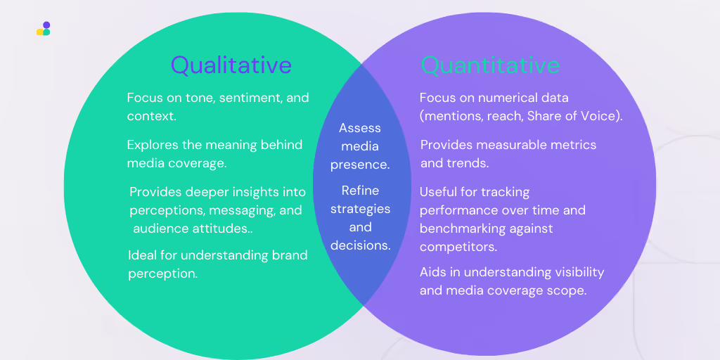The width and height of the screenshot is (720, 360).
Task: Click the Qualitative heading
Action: (x=231, y=65)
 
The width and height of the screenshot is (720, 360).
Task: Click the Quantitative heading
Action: (x=490, y=65)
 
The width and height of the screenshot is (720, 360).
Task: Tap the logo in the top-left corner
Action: (x=44, y=29)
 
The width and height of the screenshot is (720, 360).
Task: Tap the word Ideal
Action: (x=142, y=255)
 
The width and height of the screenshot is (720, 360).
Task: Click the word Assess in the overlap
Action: (x=360, y=128)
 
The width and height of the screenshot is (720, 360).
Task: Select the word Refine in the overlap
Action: (x=360, y=191)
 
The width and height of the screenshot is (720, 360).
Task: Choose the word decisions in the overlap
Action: (x=361, y=245)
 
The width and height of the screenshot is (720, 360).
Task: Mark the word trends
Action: (x=468, y=163)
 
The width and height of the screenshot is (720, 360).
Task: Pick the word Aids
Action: (x=433, y=272)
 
